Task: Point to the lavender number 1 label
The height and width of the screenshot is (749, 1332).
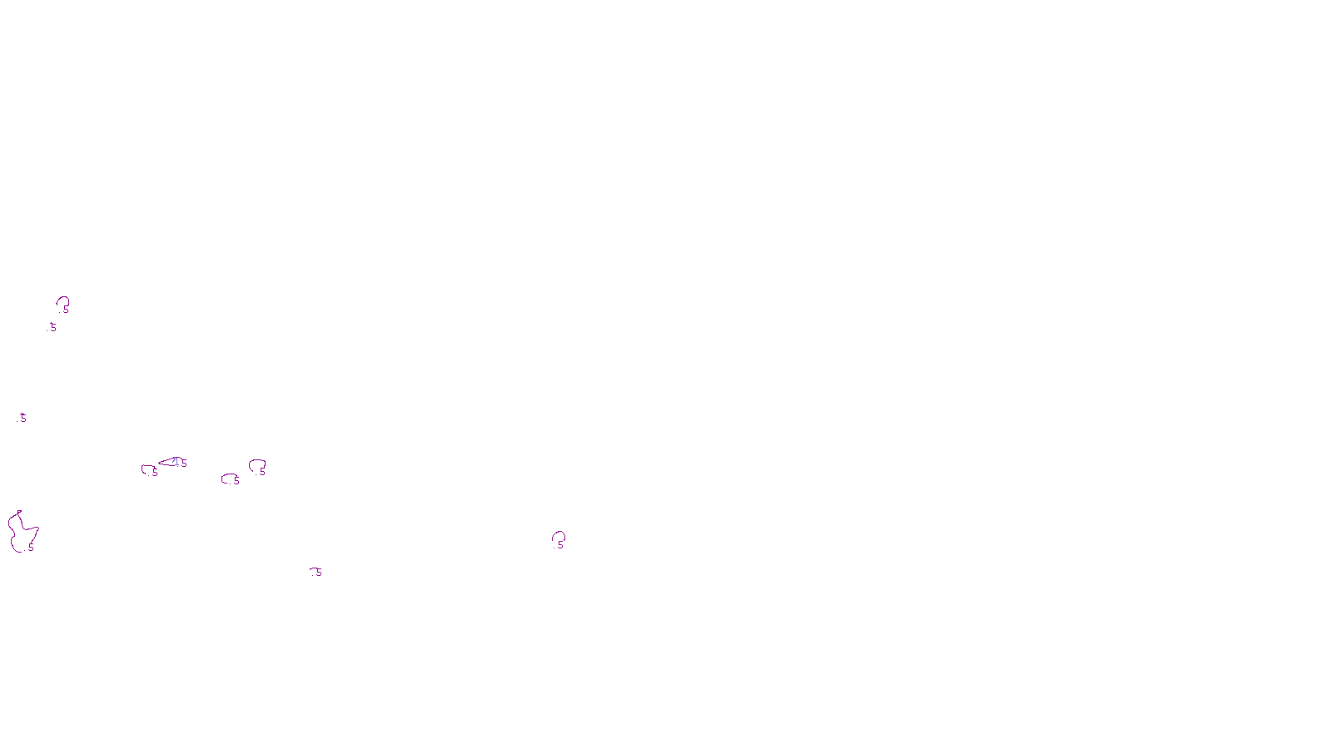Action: pyautogui.click(x=176, y=461)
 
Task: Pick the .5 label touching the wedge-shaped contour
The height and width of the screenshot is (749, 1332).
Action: pyautogui.click(x=183, y=464)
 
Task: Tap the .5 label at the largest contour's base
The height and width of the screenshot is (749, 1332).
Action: pyautogui.click(x=30, y=548)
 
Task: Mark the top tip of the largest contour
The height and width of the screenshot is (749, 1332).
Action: pyautogui.click(x=19, y=512)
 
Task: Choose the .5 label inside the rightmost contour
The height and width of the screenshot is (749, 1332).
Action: pyautogui.click(x=560, y=545)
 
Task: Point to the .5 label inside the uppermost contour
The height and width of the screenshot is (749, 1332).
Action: pyautogui.click(x=66, y=310)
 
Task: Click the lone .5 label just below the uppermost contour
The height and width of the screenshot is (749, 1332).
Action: pyautogui.click(x=52, y=328)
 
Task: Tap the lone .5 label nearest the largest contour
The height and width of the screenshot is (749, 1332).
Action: pyautogui.click(x=22, y=419)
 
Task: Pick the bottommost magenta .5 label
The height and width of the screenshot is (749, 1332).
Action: pyautogui.click(x=316, y=573)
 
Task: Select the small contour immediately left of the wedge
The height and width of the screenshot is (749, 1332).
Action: pyautogui.click(x=148, y=469)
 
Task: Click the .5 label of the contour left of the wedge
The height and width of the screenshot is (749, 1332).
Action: pyautogui.click(x=154, y=473)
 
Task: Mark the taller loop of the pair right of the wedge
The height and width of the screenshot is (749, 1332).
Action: pyautogui.click(x=257, y=465)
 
